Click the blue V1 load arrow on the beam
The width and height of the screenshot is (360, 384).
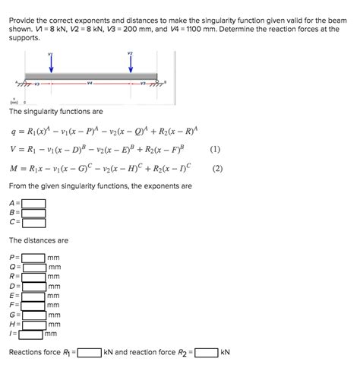coord(50,65)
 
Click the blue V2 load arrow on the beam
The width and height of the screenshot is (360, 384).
coord(131,65)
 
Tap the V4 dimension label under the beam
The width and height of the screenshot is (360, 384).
coord(90,83)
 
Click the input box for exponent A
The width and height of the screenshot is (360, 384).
coord(33,203)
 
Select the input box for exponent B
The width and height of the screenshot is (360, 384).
coord(33,213)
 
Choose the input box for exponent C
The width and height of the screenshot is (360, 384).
coord(33,223)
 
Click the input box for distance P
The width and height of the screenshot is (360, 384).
coord(34,258)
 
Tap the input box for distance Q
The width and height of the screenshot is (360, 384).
coord(34,267)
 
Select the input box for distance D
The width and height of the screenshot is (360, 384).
coord(34,286)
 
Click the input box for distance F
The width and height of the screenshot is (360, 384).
coord(34,305)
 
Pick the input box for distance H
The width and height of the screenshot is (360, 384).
coord(34,324)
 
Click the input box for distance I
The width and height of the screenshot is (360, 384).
coord(31,333)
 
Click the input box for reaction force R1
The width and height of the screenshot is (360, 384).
coord(89,353)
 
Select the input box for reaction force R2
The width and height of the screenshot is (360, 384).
coord(206,353)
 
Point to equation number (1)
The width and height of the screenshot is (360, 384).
coord(216,149)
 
